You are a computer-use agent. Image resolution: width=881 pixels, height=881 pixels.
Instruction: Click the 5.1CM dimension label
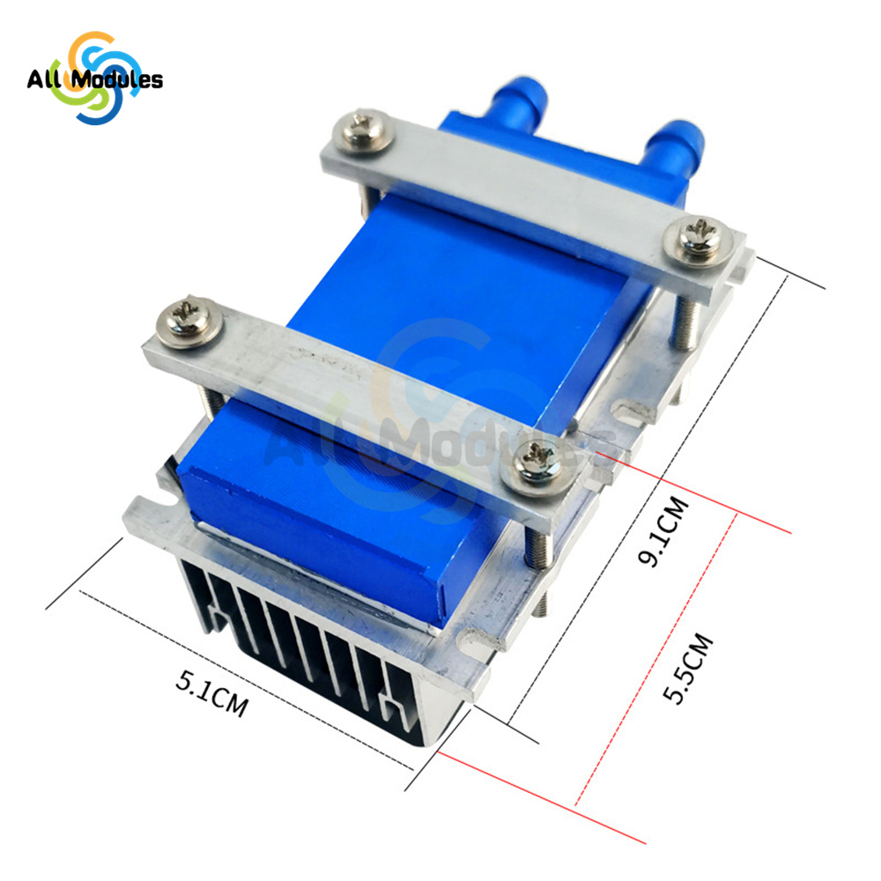click(x=211, y=694)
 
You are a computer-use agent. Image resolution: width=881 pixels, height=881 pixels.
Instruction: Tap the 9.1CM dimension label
click(x=663, y=531)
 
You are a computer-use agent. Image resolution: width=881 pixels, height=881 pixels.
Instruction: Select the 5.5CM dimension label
click(x=687, y=668)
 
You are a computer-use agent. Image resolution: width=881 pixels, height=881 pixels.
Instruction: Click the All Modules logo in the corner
click(x=95, y=78)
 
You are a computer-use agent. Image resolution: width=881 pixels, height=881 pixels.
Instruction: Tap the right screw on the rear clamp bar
click(x=697, y=241)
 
